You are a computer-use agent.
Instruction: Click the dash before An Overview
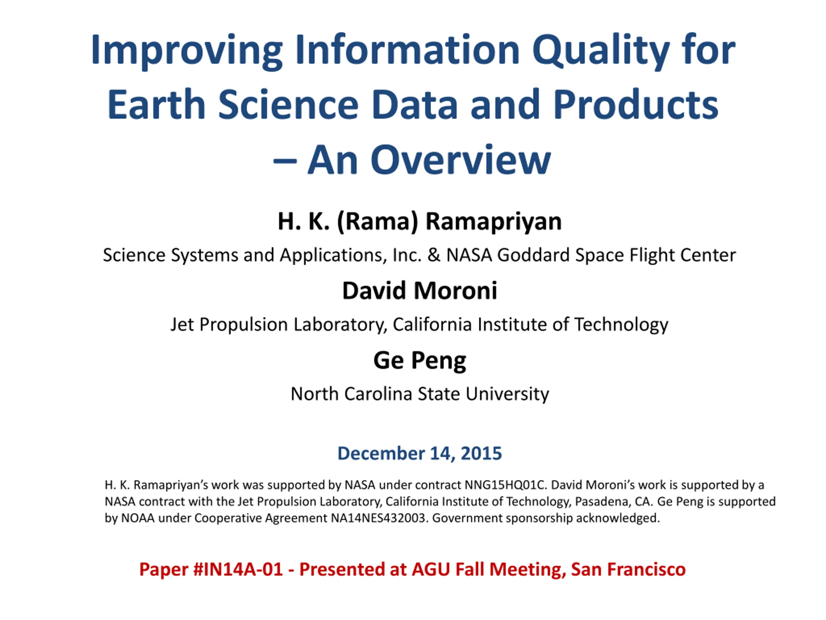(285, 161)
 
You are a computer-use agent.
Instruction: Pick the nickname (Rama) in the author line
(377, 221)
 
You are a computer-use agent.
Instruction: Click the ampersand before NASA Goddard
(434, 255)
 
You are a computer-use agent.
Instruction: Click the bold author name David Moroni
(420, 291)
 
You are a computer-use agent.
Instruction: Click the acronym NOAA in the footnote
(138, 518)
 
